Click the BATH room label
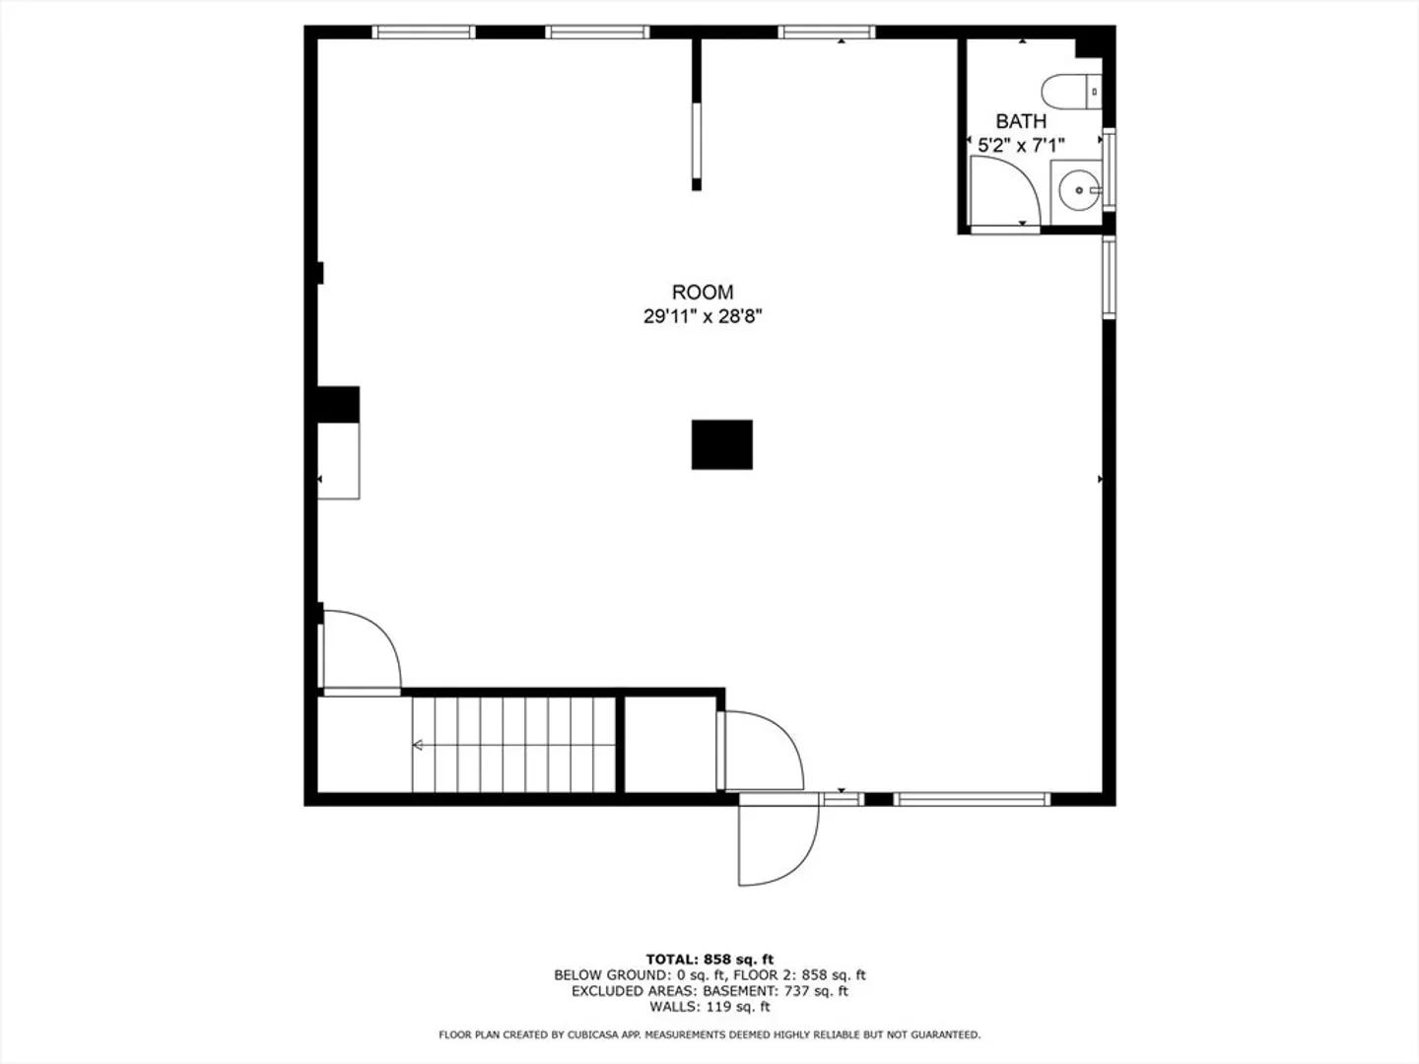(x=1021, y=121)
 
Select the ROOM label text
(x=703, y=292)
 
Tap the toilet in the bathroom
(x=1071, y=92)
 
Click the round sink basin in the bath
(x=1079, y=190)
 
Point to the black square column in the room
(x=722, y=444)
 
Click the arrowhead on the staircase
(x=418, y=745)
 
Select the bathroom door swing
(x=1005, y=193)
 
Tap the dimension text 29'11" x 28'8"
(x=703, y=316)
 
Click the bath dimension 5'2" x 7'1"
(x=1021, y=146)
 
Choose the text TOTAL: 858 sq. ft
(x=709, y=960)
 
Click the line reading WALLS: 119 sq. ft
(x=709, y=1006)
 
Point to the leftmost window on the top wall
(x=424, y=33)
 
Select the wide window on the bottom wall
(x=972, y=799)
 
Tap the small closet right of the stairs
(x=670, y=744)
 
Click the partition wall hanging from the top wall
(x=697, y=114)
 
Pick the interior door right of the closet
(x=762, y=750)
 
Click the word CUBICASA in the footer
(x=591, y=1034)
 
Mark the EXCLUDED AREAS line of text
(x=709, y=990)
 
